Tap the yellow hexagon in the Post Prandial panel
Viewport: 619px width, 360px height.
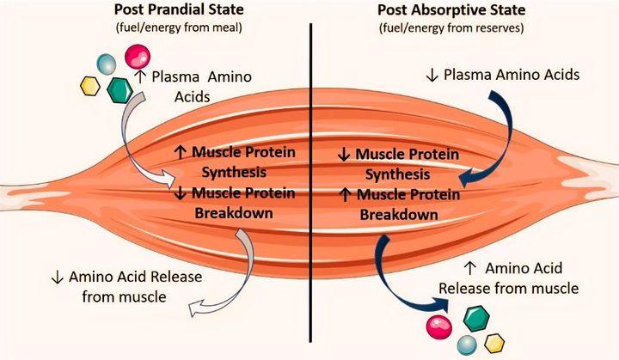click(x=89, y=85)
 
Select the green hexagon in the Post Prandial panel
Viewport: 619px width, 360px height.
click(x=118, y=88)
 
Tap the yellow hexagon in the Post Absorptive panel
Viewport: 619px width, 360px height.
click(x=493, y=343)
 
